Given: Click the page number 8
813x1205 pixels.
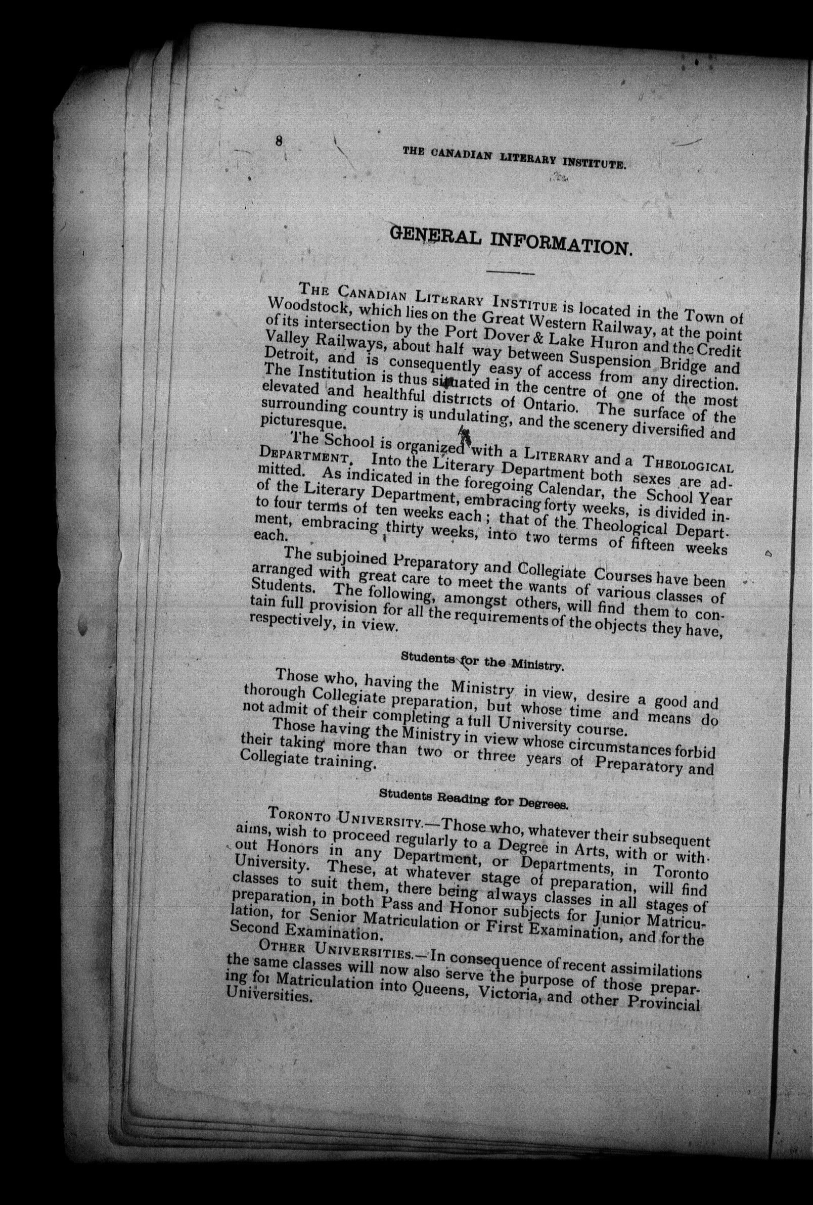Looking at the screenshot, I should point(280,141).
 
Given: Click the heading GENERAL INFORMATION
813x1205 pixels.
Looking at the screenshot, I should point(511,241).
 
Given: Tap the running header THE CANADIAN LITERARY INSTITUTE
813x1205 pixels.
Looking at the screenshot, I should point(515,158).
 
